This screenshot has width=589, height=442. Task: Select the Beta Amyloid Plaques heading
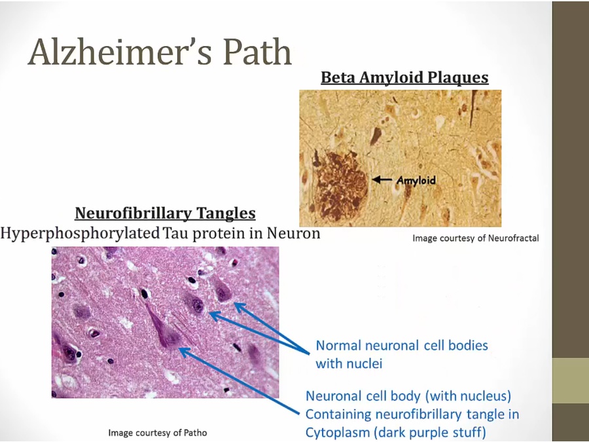(x=404, y=77)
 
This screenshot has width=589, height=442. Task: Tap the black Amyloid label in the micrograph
(x=416, y=181)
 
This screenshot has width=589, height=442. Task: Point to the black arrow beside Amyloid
(x=382, y=179)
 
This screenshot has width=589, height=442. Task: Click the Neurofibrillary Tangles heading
(x=166, y=213)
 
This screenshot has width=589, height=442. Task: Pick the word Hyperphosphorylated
(x=80, y=233)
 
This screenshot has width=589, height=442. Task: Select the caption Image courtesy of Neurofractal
(x=476, y=238)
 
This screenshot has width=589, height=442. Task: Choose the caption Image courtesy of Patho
(x=158, y=433)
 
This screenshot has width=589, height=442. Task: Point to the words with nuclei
(x=349, y=363)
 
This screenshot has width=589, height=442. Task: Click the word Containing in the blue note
(x=338, y=414)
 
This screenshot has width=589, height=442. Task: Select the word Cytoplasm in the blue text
(x=340, y=433)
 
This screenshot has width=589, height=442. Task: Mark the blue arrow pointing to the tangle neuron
(x=240, y=381)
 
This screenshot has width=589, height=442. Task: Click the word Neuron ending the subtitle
(x=293, y=233)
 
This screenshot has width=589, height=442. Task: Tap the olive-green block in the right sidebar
(x=570, y=380)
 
